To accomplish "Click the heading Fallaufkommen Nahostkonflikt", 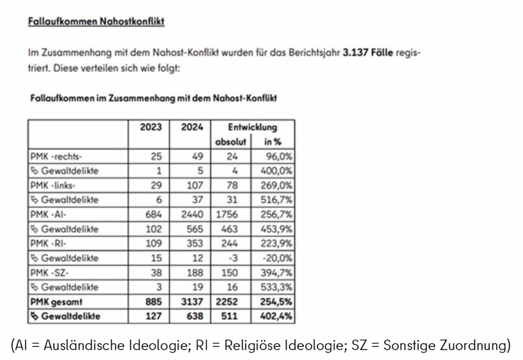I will (x=96, y=21).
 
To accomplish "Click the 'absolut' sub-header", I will (x=231, y=141).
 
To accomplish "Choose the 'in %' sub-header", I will (x=272, y=141).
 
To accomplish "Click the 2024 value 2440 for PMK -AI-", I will (x=192, y=214).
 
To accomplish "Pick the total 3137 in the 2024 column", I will (x=192, y=302).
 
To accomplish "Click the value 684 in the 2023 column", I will (x=154, y=214).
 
